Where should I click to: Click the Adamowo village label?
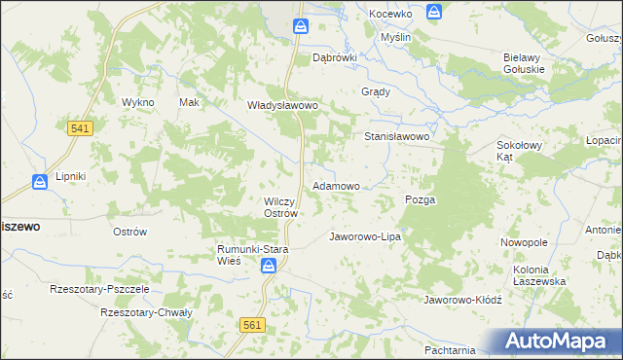336,185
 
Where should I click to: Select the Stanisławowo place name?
397,137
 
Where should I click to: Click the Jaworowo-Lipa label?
365,236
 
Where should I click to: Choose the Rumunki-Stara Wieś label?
254,255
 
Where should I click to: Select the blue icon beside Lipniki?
40,181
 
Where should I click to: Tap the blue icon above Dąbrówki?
301,27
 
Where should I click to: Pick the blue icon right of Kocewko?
434,12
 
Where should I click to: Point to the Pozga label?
420,199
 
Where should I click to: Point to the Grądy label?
376,92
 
